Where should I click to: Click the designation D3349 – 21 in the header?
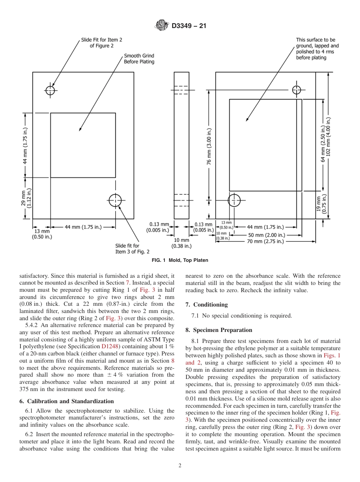click(189, 26)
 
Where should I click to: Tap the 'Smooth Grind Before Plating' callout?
click(139, 59)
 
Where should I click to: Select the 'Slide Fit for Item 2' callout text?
click(102, 42)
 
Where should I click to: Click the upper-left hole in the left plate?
click(50, 90)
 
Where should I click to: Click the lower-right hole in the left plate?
click(115, 200)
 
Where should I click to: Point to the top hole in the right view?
click(296, 90)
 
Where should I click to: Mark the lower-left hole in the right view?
click(234, 200)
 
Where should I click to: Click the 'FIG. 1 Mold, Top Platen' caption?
click(180, 260)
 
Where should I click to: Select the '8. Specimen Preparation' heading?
click(219, 330)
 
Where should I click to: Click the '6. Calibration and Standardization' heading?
click(66, 401)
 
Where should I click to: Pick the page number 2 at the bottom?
click(180, 466)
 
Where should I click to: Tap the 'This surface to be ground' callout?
click(317, 49)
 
